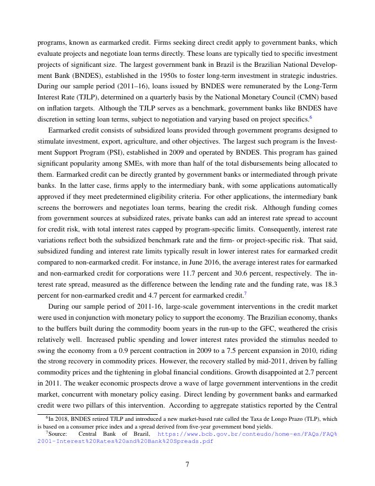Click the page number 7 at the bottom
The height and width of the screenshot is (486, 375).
tap(187, 464)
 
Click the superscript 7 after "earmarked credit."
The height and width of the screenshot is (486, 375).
tap(245, 293)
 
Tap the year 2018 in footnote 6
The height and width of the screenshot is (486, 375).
tap(60, 419)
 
